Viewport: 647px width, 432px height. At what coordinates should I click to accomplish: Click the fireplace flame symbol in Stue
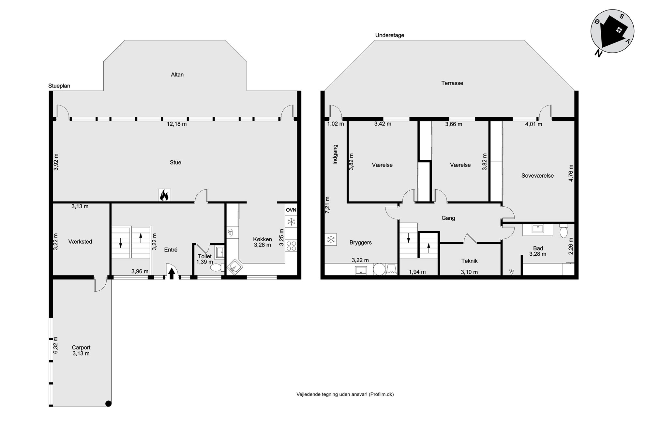coord(164,195)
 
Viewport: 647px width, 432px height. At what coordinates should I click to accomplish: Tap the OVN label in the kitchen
coord(291,210)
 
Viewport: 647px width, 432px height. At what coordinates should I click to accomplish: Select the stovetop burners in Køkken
coord(291,246)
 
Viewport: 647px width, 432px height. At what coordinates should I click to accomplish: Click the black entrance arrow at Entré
coord(171,274)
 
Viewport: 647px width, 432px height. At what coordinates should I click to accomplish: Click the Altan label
coord(177,75)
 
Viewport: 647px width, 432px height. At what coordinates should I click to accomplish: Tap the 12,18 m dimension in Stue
coord(177,124)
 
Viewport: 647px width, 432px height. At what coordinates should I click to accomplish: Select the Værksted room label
coord(80,242)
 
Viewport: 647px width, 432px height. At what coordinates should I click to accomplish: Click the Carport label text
coord(81,348)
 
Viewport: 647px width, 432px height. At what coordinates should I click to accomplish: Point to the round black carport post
coord(109,404)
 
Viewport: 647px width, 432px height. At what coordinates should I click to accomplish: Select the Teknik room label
coord(470,261)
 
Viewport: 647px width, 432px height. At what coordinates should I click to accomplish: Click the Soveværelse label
coord(537,176)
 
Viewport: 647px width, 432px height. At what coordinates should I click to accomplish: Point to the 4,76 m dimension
coord(571,173)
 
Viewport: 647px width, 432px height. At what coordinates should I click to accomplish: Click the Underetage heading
coord(390,35)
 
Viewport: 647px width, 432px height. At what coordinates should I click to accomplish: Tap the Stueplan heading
coord(59,86)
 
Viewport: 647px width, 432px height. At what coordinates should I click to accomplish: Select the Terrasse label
coord(452,83)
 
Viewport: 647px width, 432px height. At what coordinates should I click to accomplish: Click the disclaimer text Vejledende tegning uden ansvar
coord(332,394)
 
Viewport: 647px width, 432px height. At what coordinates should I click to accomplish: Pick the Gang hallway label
coord(448,218)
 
